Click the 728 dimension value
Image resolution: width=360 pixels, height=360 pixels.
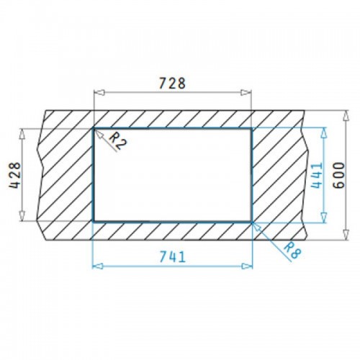tap(172, 83)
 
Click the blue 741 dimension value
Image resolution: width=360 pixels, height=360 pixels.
tap(173, 256)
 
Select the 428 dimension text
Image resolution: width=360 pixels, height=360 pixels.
tap(15, 175)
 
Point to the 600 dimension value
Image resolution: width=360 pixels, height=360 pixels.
tap(339, 176)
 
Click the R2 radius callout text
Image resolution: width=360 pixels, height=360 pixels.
tap(117, 141)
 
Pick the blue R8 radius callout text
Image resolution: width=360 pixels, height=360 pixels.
tap(292, 250)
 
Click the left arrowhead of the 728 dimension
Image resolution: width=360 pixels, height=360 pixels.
tap(99, 92)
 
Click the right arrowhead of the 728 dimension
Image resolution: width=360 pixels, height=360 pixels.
tap(246, 92)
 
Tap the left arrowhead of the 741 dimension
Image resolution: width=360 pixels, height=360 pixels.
tap(98, 266)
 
